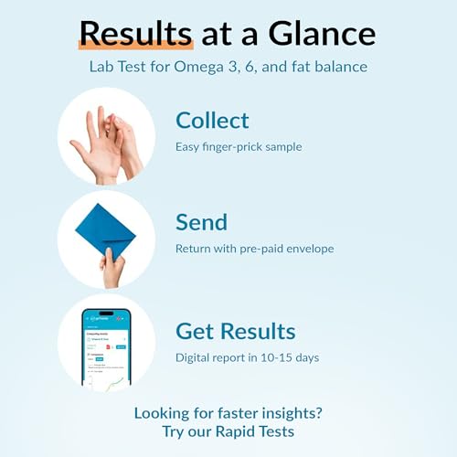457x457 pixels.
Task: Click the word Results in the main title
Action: (x=135, y=34)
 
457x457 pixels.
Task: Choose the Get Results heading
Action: (x=236, y=331)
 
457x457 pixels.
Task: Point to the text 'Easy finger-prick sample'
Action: (x=238, y=146)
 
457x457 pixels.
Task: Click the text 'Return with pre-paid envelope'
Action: (x=254, y=249)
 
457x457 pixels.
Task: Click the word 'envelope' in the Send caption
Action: (x=307, y=249)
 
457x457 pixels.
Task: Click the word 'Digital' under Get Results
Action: (x=194, y=357)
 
